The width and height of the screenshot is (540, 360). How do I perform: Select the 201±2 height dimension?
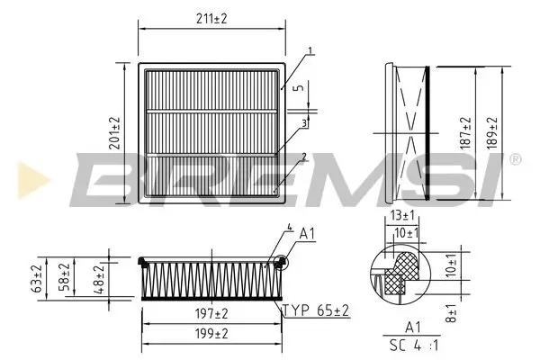coord(115,133)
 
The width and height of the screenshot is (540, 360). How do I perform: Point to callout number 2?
coord(304,157)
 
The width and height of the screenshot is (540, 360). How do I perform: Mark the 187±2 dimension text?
coord(464,132)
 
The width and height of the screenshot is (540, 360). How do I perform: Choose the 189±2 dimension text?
coord(490,132)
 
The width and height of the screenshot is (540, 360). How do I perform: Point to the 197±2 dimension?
coord(211,313)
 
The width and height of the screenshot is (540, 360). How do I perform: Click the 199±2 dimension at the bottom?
coord(211,334)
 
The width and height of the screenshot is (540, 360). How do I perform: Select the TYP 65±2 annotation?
coord(314,310)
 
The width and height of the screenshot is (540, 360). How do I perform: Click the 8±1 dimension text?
coord(452,315)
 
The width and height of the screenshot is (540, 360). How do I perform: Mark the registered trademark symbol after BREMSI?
coord(514,159)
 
